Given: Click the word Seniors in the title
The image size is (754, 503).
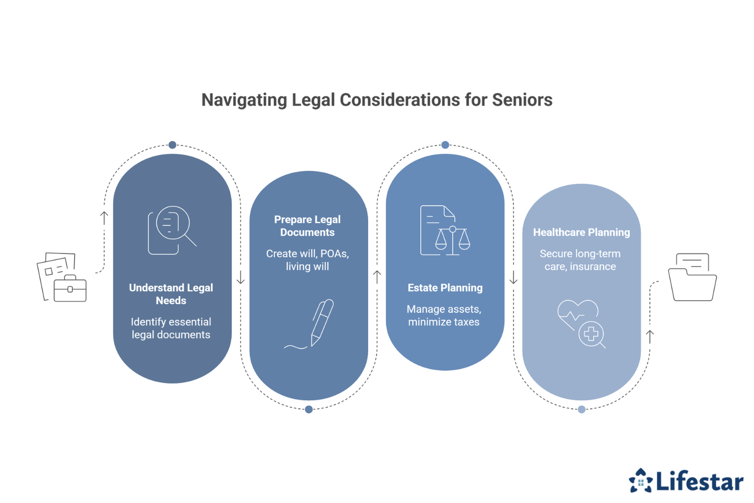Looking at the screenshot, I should [522, 100].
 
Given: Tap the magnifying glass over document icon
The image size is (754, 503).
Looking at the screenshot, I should [171, 230].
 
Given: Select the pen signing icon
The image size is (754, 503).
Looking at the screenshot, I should [314, 324].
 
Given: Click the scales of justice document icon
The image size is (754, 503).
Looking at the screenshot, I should [444, 230].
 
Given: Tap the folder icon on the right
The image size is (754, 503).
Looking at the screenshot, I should [692, 277].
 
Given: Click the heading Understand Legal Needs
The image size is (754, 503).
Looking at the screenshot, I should [171, 294].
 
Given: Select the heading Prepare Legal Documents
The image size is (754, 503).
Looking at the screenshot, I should [307, 226].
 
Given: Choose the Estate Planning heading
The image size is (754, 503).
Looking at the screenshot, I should [445, 288].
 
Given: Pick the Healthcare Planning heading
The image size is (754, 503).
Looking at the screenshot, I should [581, 232].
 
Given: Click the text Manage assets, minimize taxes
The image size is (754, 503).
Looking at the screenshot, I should [444, 315].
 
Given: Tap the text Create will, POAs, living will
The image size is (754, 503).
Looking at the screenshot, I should [307, 260].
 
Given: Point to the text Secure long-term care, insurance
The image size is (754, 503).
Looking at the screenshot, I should [580, 260].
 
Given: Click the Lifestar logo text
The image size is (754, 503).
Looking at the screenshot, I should [699, 481].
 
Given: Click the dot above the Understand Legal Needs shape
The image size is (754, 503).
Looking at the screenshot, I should [172, 145].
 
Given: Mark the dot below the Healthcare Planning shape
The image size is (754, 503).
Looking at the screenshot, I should [582, 409].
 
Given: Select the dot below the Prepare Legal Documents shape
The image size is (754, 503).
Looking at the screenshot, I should [309, 409].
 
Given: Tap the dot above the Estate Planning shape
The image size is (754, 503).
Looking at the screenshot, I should [445, 145].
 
